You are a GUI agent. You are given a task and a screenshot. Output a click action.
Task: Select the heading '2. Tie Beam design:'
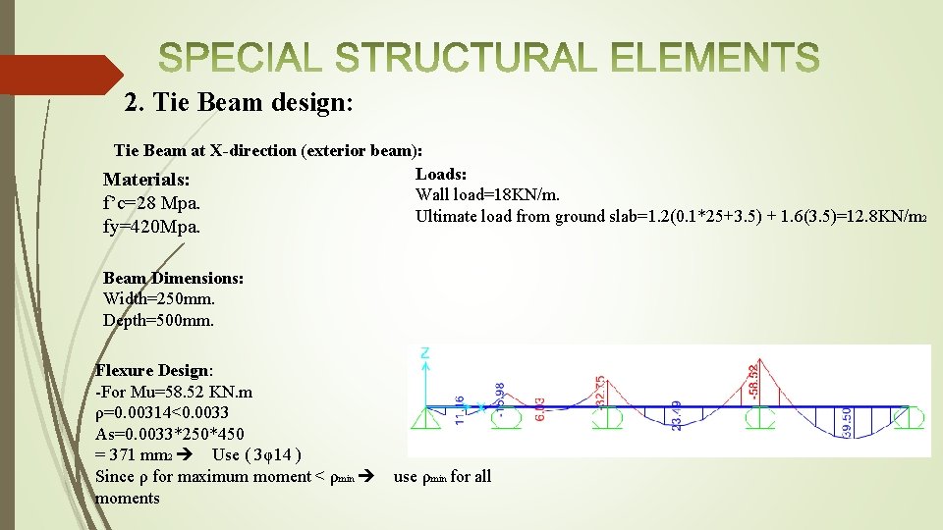tap(239, 102)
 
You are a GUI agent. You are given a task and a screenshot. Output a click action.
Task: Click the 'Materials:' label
tap(146, 181)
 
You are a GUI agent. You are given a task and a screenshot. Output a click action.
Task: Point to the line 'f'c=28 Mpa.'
tap(151, 204)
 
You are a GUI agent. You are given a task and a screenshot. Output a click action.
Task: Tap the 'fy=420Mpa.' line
tap(149, 228)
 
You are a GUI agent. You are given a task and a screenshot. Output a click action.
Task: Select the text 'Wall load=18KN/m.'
tap(487, 195)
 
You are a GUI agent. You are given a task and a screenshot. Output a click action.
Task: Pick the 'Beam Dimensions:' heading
tap(173, 278)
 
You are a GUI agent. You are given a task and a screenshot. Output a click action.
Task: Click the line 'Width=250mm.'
tap(158, 298)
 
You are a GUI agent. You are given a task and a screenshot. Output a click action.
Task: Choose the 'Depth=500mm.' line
tap(158, 320)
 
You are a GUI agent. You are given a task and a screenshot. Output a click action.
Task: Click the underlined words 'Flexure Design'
tap(151, 370)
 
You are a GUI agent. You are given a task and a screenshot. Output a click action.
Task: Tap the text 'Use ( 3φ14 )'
tap(256, 455)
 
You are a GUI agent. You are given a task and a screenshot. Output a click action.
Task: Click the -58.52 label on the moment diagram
tap(753, 381)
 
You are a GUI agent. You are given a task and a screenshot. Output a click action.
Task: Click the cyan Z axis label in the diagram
tap(425, 352)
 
